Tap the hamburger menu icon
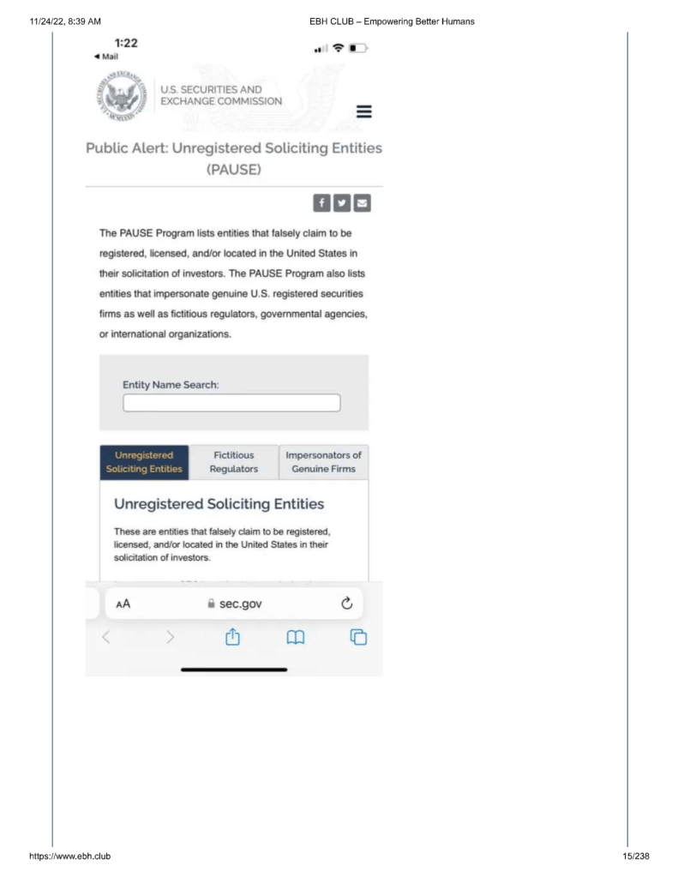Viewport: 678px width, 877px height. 363,112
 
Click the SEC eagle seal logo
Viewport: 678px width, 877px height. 121,99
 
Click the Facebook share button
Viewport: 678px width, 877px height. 322,203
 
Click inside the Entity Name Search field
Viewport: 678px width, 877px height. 231,403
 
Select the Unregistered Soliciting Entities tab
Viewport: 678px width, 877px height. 144,462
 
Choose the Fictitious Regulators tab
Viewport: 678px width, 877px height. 233,462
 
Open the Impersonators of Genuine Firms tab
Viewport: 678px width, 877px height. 323,462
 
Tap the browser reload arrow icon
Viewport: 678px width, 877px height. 347,604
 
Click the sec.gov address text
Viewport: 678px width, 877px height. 234,604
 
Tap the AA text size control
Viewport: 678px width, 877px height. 123,604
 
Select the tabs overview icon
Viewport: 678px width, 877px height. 359,637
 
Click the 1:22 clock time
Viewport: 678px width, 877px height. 126,42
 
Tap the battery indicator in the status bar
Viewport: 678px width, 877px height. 360,48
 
